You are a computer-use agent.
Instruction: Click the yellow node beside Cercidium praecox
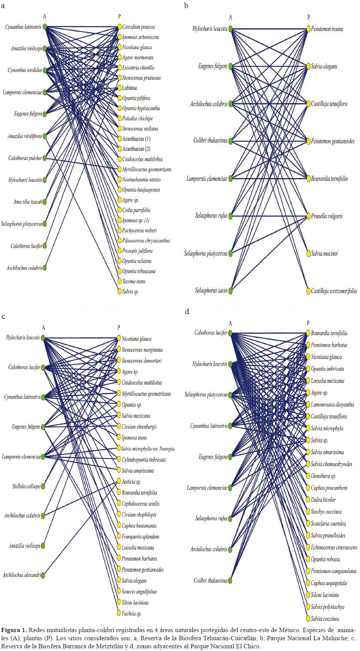119,27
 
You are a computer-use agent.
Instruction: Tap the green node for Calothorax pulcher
45,158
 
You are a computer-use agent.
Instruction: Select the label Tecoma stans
134,281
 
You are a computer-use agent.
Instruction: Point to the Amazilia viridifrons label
25,136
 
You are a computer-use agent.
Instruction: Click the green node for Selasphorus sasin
230,291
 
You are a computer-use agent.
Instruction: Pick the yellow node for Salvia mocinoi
308,254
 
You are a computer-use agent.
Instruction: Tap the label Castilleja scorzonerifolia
334,291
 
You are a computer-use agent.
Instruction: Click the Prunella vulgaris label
327,216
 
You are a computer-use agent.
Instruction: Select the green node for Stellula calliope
43,486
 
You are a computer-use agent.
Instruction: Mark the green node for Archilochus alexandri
43,575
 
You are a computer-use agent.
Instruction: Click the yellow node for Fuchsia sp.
119,613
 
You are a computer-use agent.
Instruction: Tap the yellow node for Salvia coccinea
308,619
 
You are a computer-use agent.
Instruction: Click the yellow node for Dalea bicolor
308,500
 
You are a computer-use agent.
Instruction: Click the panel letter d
187,311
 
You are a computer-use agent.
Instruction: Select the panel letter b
186,5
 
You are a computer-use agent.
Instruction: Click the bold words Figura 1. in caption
14,630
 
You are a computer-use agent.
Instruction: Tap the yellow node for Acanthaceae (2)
119,149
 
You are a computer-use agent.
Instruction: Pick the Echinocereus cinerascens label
334,547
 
